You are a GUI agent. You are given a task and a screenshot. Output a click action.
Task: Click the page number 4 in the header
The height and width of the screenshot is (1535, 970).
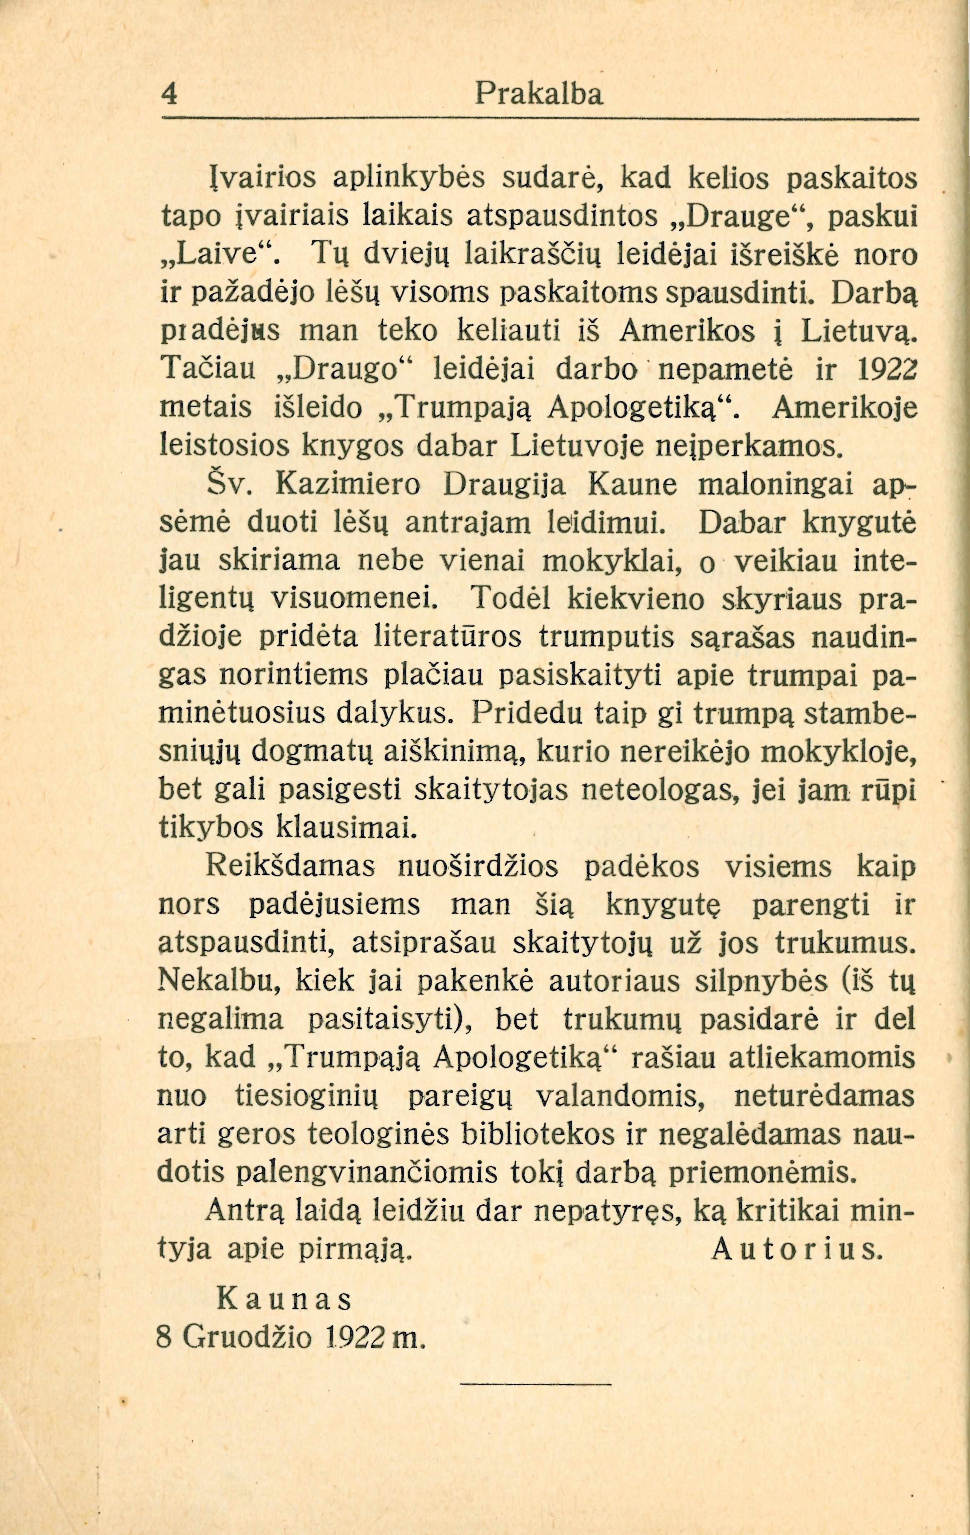pos(169,95)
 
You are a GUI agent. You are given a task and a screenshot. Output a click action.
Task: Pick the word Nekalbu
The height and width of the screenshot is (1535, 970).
pos(220,982)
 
